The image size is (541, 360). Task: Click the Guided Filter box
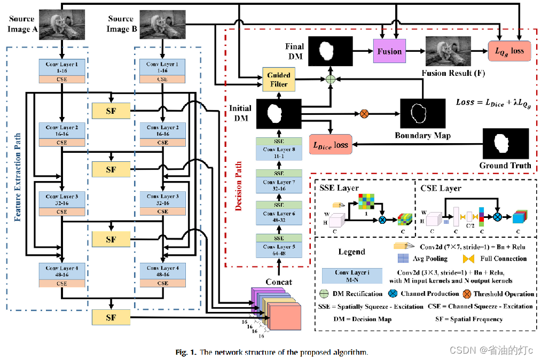coord(278,80)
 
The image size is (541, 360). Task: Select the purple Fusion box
coord(389,51)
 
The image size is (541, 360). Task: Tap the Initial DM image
coord(278,113)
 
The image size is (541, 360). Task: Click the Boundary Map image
coord(422,113)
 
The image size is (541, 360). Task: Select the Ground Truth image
coord(505,144)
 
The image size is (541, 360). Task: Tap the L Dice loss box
coord(331,145)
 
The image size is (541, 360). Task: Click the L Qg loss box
coord(509,51)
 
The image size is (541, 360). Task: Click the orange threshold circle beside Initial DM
coord(365,113)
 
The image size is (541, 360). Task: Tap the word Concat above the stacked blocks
coord(279,282)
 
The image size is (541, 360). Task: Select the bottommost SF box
coord(111,318)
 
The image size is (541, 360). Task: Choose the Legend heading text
coord(351,251)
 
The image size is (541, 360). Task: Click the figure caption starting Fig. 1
coord(272,353)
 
